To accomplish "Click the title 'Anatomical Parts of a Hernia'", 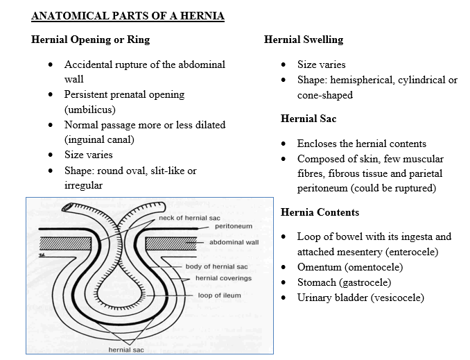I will [128, 16].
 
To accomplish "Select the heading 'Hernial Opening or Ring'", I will [90, 40].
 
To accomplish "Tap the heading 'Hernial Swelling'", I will [304, 40].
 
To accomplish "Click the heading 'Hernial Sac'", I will [308, 119].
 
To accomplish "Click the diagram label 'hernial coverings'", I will [223, 278].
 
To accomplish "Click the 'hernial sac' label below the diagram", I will [125, 349].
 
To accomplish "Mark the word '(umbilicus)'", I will [91, 110].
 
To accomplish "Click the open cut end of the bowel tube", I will [67, 207].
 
